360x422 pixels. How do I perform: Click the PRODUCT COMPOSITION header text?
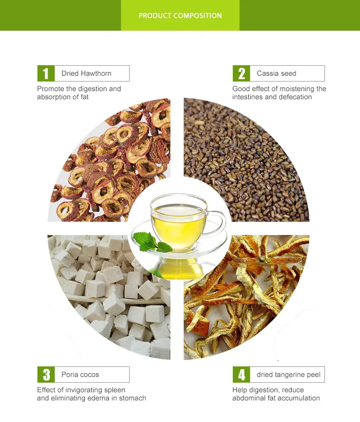pos(180,16)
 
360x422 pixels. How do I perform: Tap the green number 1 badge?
pos(46,73)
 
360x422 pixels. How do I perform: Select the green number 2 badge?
pos(241,73)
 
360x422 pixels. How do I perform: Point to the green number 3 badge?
pos(46,375)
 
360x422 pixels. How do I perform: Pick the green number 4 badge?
pos(241,375)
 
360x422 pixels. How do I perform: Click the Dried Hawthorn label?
pos(86,73)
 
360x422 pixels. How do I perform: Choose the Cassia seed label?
pos(276,73)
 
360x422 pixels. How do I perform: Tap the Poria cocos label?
pos(80,375)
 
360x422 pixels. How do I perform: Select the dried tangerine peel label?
pos(288,375)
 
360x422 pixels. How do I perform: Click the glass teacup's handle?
pos(218,222)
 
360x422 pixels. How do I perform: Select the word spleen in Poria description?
pos(114,390)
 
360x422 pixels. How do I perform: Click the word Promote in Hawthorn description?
pos(50,89)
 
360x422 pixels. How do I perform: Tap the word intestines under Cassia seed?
pos(248,97)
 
